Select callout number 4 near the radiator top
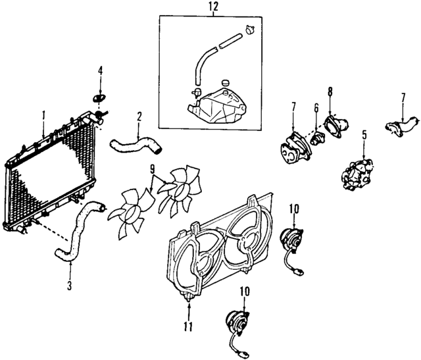pyautogui.click(x=101, y=70)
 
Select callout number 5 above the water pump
pyautogui.click(x=364, y=136)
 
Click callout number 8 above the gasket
pyautogui.click(x=330, y=91)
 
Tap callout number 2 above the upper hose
pyautogui.click(x=139, y=117)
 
